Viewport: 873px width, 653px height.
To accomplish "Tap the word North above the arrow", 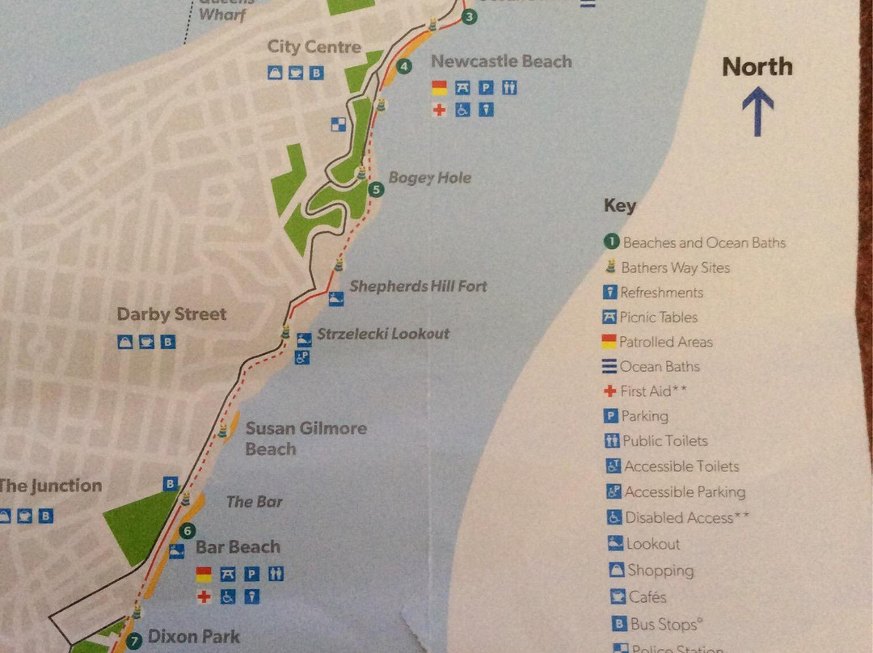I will [757, 67].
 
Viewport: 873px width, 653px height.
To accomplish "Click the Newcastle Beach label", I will [501, 61].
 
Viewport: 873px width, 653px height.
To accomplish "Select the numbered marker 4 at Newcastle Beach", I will [403, 66].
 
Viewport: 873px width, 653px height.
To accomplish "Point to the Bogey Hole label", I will [429, 178].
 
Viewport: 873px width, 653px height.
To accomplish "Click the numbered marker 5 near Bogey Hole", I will [376, 190].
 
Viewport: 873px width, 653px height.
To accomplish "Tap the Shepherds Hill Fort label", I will [418, 286].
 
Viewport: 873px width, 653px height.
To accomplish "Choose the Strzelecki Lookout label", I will [383, 334].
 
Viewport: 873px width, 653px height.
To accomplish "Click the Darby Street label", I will [171, 314].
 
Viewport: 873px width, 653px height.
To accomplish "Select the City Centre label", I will [314, 47].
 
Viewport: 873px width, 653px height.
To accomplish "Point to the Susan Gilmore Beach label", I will [306, 438].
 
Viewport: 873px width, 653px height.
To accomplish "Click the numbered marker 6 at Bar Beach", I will [188, 531].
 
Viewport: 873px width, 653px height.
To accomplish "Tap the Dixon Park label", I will [194, 637].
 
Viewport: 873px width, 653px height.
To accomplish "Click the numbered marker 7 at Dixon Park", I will [133, 638].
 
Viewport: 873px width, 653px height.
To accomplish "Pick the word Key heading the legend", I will [620, 206].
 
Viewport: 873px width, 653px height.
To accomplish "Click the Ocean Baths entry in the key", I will [659, 367].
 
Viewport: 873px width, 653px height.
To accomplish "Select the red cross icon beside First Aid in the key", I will [610, 391].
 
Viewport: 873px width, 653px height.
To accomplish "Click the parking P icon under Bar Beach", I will [251, 574].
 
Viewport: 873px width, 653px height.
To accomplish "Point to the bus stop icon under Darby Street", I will [168, 342].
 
